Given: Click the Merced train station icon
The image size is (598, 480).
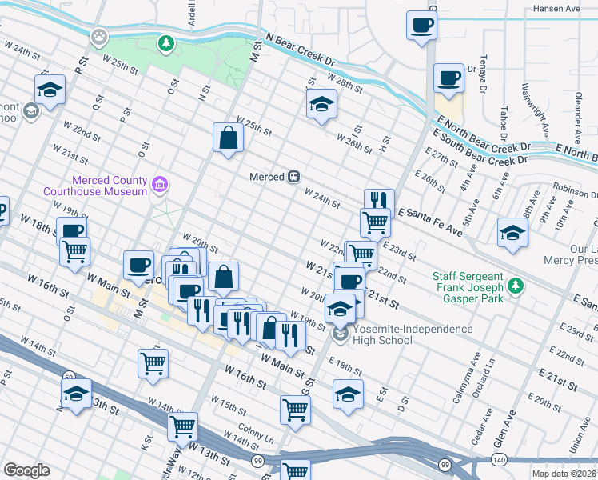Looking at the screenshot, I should click(x=294, y=176).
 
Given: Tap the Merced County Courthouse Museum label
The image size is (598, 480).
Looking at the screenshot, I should click(x=110, y=186).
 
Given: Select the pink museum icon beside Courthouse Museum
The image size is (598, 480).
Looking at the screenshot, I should click(x=161, y=186).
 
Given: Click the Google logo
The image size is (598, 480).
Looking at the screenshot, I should click(x=26, y=470).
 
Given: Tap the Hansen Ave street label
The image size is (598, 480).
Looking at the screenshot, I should click(x=556, y=9).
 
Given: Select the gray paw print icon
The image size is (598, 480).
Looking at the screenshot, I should click(x=99, y=36).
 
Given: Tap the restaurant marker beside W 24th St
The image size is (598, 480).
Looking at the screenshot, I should click(x=379, y=202).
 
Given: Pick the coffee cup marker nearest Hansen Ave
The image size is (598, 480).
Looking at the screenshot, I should click(x=421, y=26).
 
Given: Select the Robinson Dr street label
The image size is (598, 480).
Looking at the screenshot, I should click(x=574, y=194).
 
